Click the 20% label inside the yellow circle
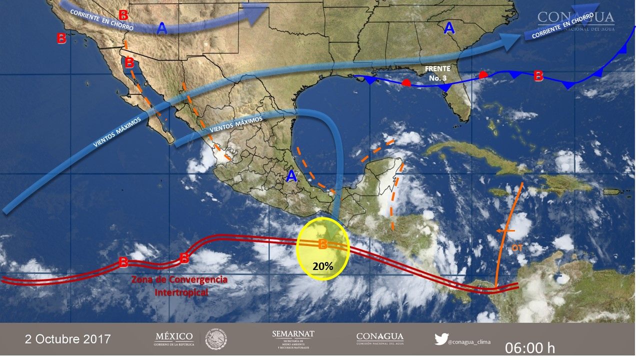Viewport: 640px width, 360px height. pyautogui.click(x=323, y=266)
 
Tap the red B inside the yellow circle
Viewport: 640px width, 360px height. pyautogui.click(x=323, y=244)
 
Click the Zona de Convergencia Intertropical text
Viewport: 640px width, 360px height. pyautogui.click(x=179, y=285)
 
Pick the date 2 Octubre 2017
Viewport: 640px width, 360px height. pyautogui.click(x=67, y=339)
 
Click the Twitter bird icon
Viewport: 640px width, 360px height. pyautogui.click(x=441, y=339)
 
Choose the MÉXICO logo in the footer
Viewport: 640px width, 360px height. pyautogui.click(x=174, y=338)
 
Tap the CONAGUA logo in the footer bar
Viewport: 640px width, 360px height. pyautogui.click(x=379, y=338)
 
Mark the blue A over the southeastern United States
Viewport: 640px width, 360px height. pyautogui.click(x=449, y=28)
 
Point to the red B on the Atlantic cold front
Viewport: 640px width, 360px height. pyautogui.click(x=538, y=76)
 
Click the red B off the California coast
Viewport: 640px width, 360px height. pyautogui.click(x=61, y=38)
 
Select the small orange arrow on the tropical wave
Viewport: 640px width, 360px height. pyautogui.click(x=506, y=230)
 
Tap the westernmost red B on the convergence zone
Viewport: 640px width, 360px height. pyautogui.click(x=123, y=262)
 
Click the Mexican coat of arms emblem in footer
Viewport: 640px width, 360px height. pyautogui.click(x=216, y=339)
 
